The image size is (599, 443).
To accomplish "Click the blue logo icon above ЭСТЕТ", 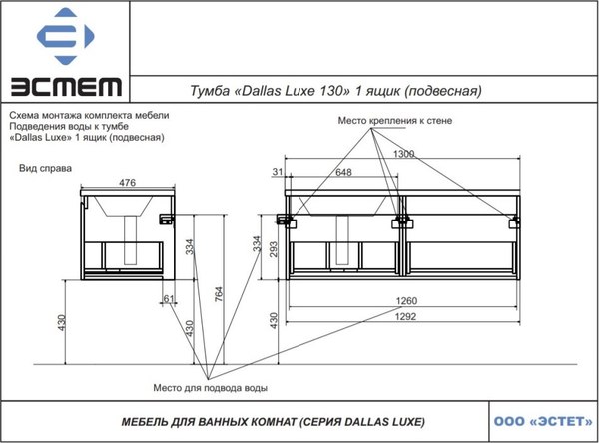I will [x=65, y=38].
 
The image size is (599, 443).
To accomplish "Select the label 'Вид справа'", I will [x=44, y=169].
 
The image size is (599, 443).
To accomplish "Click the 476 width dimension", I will [x=128, y=183].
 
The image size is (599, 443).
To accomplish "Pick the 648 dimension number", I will [x=343, y=173].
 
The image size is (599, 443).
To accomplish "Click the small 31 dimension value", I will [x=276, y=173].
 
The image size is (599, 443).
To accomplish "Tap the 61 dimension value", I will [x=169, y=298].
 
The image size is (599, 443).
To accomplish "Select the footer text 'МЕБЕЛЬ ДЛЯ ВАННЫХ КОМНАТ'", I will [x=205, y=421].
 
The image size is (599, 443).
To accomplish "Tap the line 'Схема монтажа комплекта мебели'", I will [x=89, y=115].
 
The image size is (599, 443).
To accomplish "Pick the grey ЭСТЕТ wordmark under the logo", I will [x=65, y=87].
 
